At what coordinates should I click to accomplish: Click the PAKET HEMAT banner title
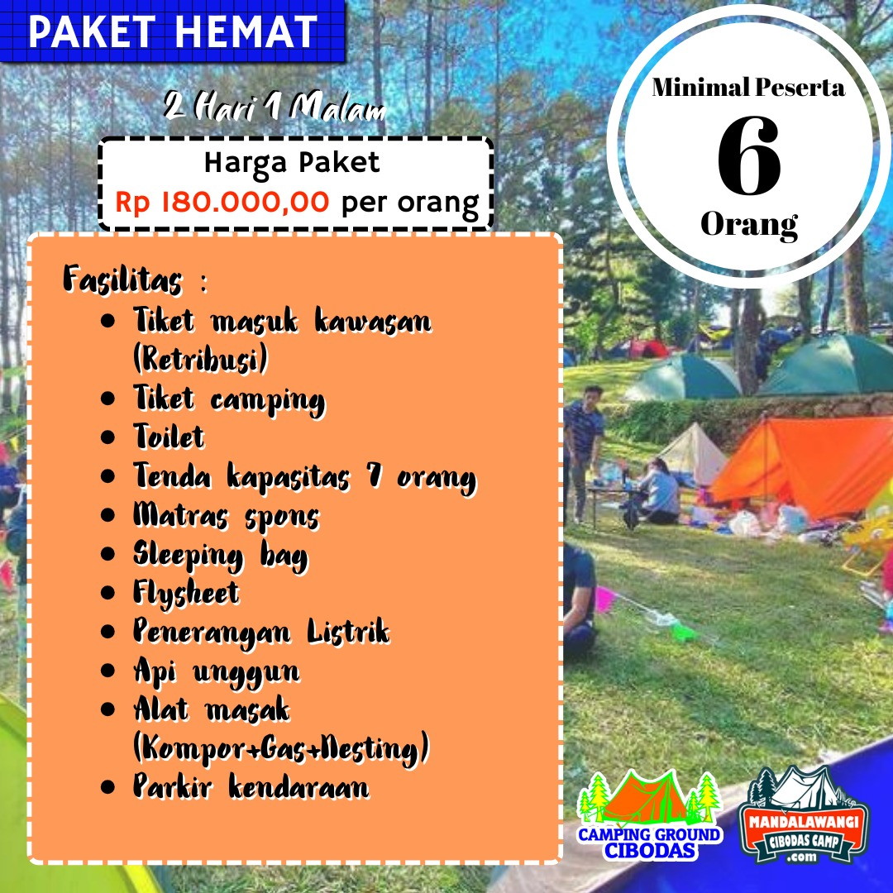click(173, 31)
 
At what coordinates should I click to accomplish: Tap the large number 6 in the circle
click(749, 155)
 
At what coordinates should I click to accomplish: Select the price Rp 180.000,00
click(222, 203)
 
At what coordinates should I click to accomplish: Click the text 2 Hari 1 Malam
click(275, 107)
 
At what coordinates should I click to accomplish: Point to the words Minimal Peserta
click(748, 88)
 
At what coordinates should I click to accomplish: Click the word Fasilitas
click(123, 279)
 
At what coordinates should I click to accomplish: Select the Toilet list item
click(169, 437)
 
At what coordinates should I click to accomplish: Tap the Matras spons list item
click(226, 517)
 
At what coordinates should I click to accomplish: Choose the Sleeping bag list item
click(221, 556)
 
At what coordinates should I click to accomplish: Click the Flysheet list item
click(186, 594)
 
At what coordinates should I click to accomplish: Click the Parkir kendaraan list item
click(251, 787)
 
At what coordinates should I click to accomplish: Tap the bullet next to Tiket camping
click(107, 398)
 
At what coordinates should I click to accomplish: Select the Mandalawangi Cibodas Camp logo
click(804, 815)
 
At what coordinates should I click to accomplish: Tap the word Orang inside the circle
click(749, 226)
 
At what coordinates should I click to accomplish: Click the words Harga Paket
click(292, 164)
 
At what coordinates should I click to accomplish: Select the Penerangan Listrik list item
click(261, 633)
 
